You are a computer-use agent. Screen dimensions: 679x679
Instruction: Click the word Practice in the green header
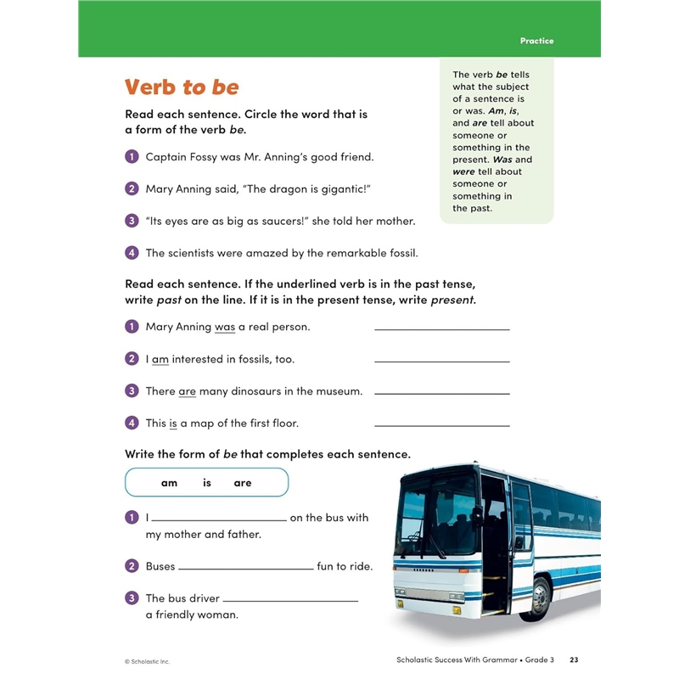pos(536,41)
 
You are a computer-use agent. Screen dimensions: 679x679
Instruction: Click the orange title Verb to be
pos(182,87)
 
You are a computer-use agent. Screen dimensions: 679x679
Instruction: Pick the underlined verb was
pos(225,327)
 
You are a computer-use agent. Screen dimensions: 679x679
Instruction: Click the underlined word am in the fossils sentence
pos(160,359)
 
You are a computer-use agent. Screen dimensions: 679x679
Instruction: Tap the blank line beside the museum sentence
pos(441,392)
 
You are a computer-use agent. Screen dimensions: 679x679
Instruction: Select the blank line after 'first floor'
pos(441,424)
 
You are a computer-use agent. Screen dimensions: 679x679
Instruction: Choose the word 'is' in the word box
pos(206,483)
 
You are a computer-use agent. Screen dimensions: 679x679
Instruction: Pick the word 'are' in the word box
pos(243,483)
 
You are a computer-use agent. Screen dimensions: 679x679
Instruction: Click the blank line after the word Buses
pos(245,567)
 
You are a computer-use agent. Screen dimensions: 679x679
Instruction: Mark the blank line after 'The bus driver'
pos(289,599)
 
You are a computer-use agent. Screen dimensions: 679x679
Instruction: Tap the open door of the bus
pos(494,543)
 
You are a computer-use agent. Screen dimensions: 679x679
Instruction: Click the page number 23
pos(574,660)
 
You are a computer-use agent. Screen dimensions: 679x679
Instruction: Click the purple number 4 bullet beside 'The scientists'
pos(132,253)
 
